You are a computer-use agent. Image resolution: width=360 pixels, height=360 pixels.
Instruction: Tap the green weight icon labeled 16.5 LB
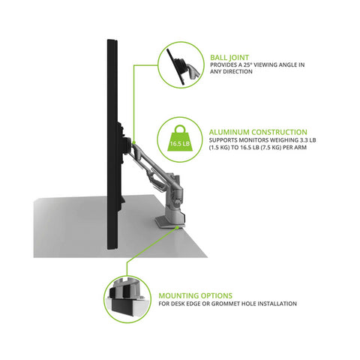179,142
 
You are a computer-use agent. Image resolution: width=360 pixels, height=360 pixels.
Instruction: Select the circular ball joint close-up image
180,65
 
